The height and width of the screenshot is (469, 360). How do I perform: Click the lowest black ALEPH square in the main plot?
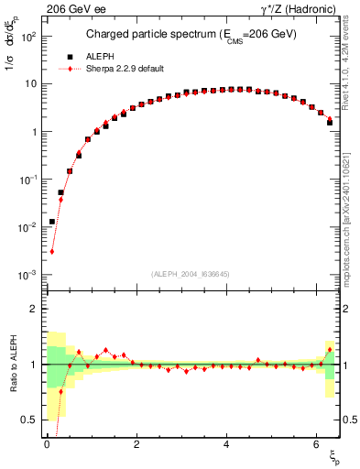pyautogui.click(x=52, y=222)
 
